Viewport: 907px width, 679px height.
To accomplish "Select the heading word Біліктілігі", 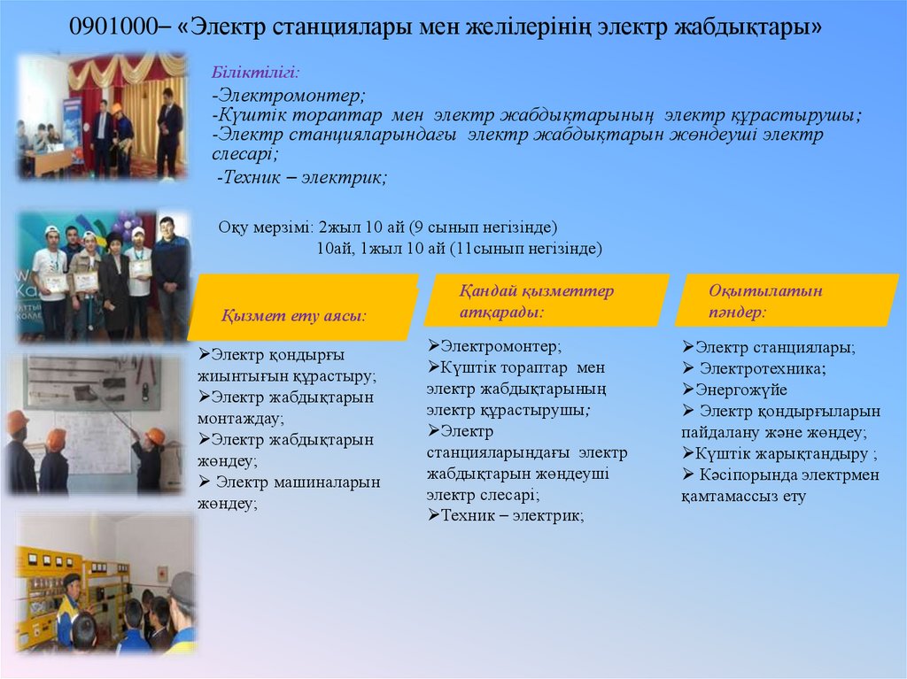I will coord(242,71).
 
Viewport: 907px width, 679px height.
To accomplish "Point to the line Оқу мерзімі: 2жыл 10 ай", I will coord(388,227).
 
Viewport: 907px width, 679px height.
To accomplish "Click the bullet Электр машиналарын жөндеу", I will coord(290,492).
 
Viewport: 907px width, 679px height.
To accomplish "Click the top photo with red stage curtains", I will coord(101,117).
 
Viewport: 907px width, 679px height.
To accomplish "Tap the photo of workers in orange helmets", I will coord(85,425).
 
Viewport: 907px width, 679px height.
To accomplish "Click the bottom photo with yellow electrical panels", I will coord(105,584).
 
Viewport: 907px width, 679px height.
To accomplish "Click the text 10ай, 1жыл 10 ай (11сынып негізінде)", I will coord(459,249).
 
